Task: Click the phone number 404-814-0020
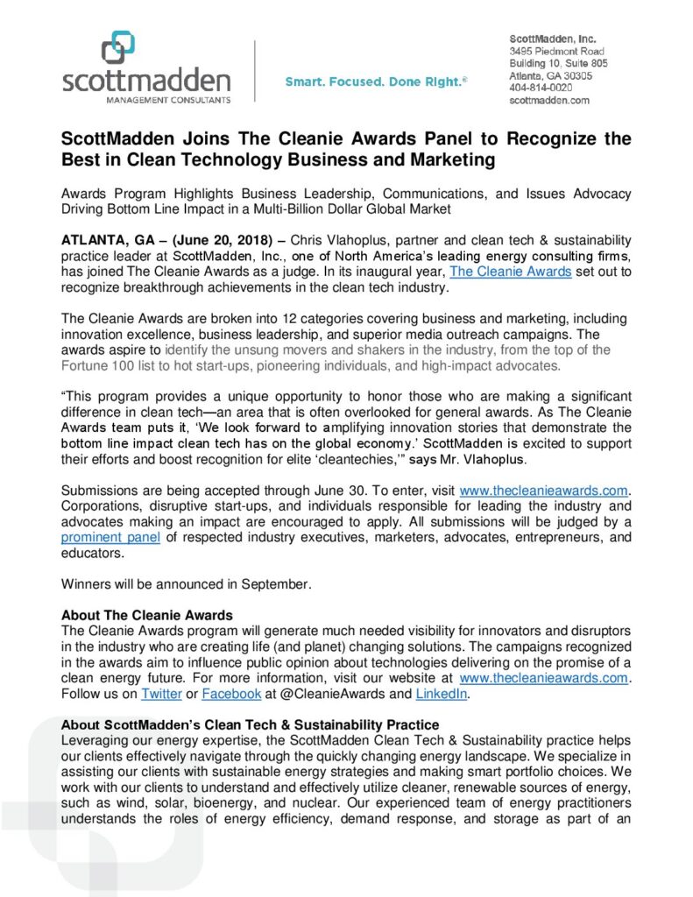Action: point(541,88)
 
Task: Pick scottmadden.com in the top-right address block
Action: point(549,100)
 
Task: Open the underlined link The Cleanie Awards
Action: point(511,272)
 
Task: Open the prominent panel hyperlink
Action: point(110,536)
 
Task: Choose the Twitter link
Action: point(161,694)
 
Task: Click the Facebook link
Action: point(231,694)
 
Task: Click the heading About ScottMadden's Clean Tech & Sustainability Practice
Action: point(250,725)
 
